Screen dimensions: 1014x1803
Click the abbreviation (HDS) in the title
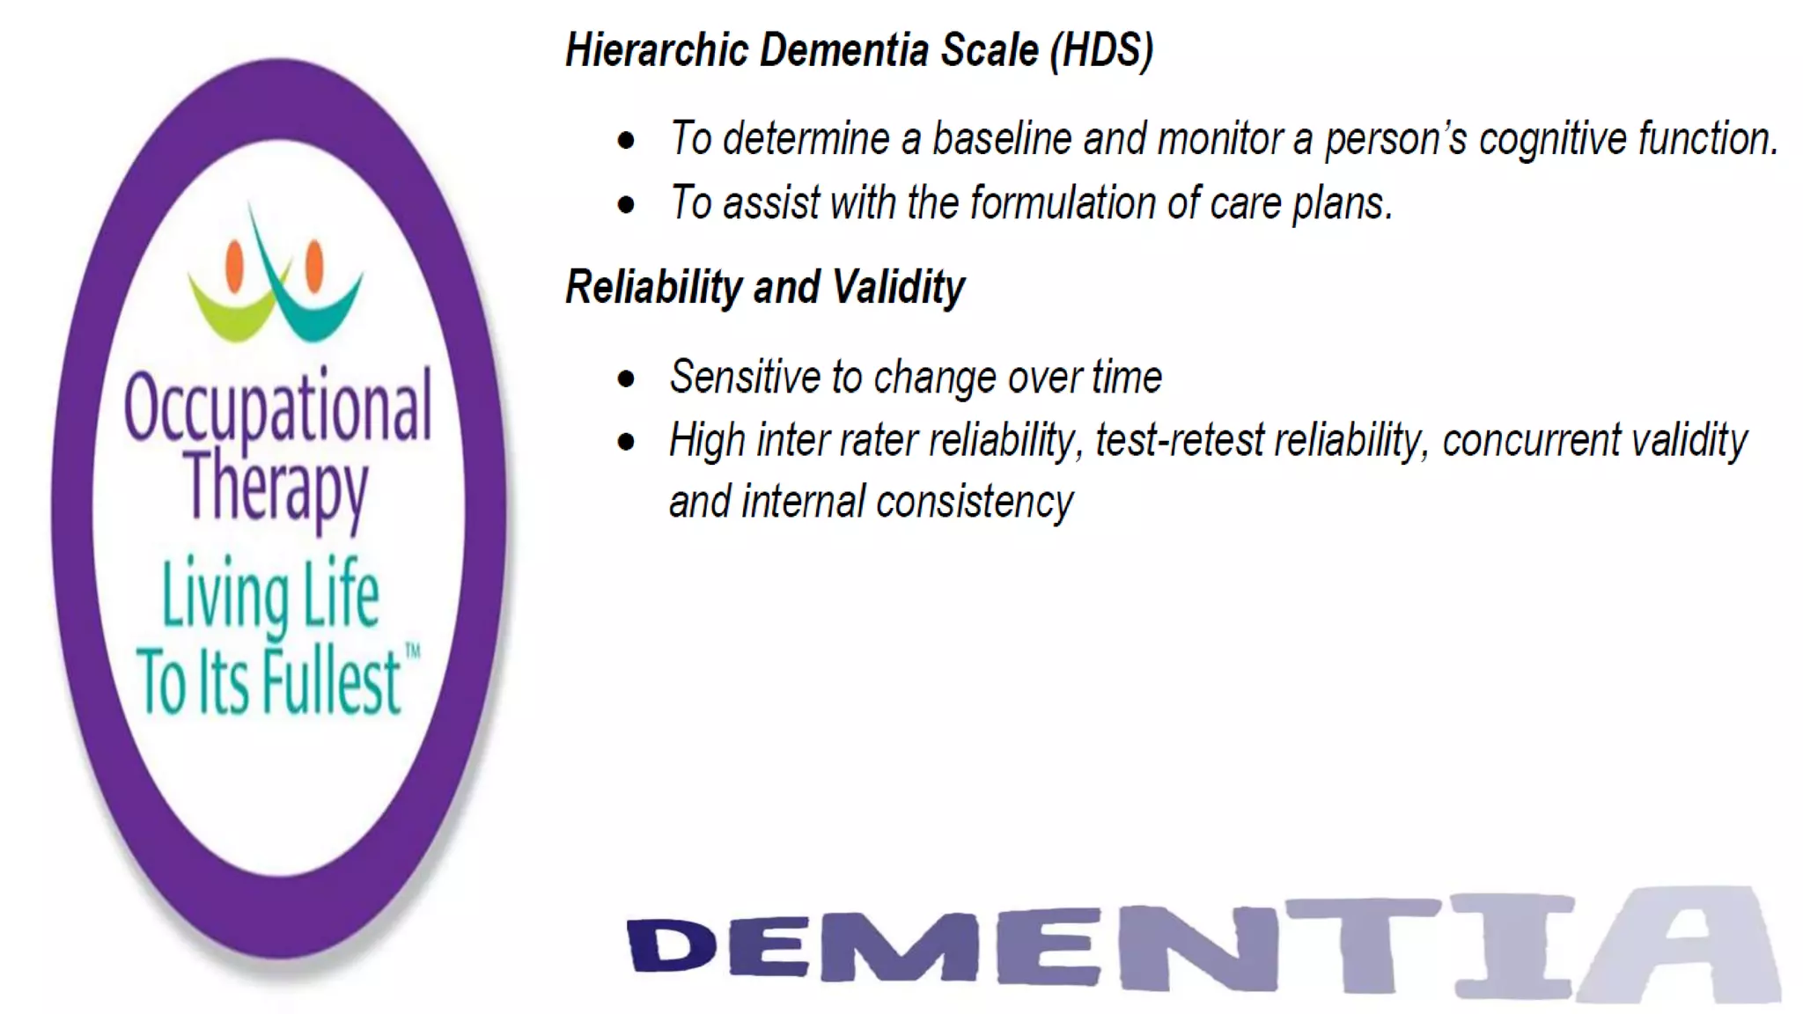[x=1100, y=50]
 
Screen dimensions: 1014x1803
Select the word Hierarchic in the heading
[x=656, y=50]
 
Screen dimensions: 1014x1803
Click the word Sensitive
[x=745, y=378]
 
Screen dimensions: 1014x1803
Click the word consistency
[x=975, y=503]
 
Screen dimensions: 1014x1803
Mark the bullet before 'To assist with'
[x=626, y=205]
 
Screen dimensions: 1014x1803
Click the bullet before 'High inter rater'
[x=626, y=442]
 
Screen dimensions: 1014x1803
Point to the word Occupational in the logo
[x=278, y=408]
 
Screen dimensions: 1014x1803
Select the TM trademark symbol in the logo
[x=412, y=650]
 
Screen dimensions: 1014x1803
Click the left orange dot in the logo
[x=235, y=266]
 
